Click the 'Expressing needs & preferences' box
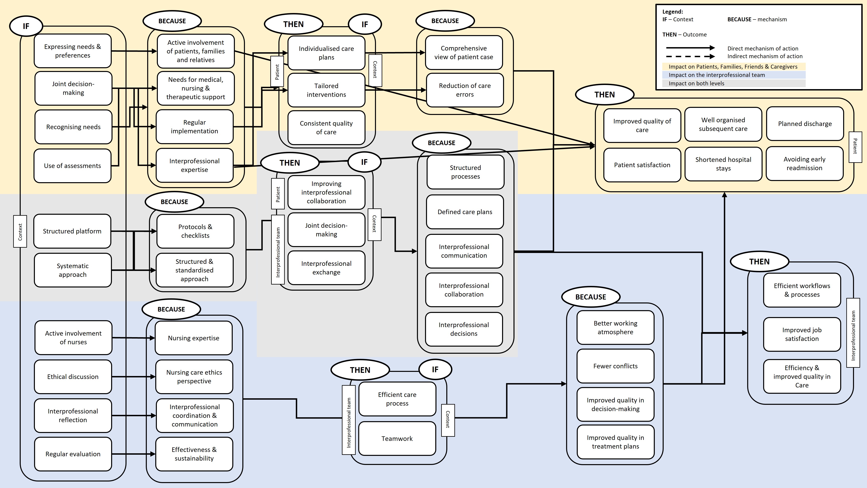point(73,51)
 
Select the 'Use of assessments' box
point(72,166)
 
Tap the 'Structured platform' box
point(72,231)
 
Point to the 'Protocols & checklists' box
point(195,231)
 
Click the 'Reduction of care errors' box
point(465,90)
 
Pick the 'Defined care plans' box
point(465,212)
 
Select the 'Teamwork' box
point(397,439)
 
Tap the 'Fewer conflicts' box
point(615,366)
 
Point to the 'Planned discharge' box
point(805,124)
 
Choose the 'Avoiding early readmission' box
point(804,164)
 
